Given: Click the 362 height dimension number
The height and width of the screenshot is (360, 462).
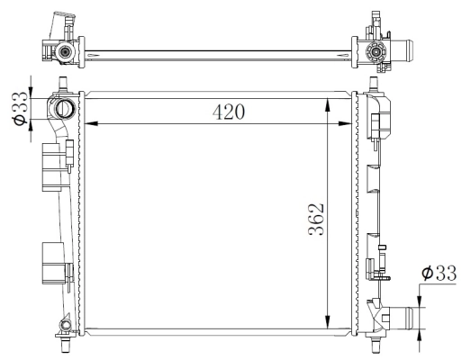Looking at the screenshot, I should click(x=314, y=219).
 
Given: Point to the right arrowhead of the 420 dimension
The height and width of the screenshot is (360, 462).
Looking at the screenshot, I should click(x=353, y=123).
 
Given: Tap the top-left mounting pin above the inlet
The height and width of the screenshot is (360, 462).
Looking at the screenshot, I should click(x=62, y=85).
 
